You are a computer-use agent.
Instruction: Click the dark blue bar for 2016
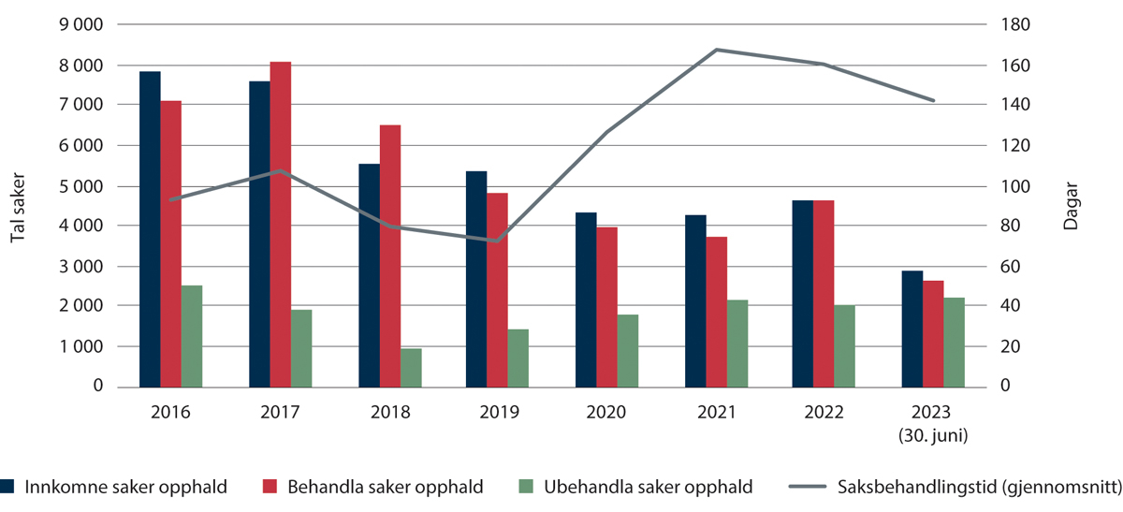coord(150,229)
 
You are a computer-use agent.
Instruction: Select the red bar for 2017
coord(280,225)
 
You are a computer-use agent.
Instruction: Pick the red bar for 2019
coord(497,290)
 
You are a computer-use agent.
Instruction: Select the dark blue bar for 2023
coord(912,329)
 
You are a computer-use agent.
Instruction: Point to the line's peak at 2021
coord(716,50)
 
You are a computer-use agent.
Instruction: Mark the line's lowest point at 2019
coord(498,241)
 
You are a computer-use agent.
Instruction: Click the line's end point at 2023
coord(933,100)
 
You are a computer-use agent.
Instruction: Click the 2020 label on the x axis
coord(606,412)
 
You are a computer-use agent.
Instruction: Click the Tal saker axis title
coord(18,207)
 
